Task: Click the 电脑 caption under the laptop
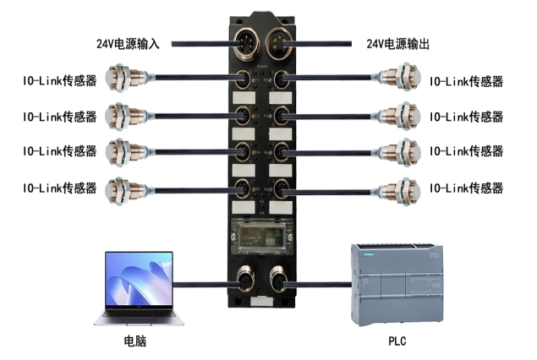(x=136, y=344)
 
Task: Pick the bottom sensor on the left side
(x=125, y=189)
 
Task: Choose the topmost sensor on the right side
(x=407, y=81)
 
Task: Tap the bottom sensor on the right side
(x=407, y=189)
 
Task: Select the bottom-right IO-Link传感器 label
(x=466, y=188)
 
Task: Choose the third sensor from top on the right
(x=407, y=153)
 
